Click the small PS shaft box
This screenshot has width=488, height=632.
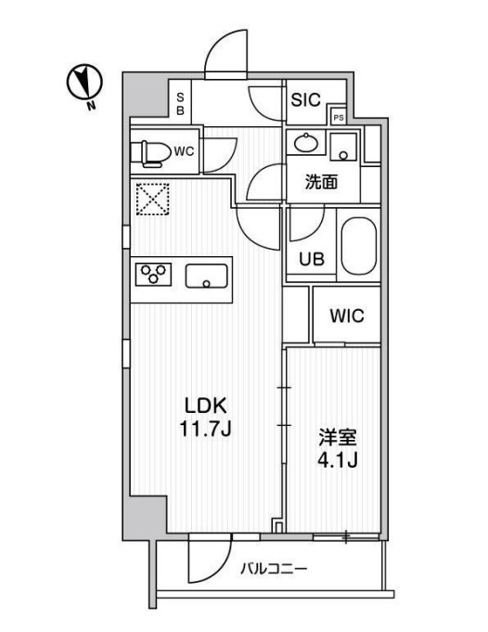point(339,117)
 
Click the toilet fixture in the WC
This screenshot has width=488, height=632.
point(154,151)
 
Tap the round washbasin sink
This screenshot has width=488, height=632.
point(304,145)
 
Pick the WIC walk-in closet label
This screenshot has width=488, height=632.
point(347,316)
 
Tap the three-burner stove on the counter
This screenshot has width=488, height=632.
point(155,275)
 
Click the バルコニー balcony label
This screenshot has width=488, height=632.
point(276,568)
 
